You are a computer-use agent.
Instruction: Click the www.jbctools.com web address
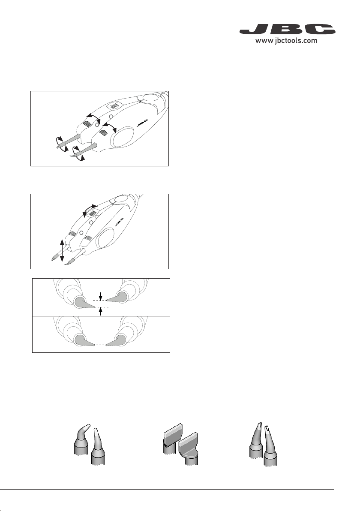click(286, 41)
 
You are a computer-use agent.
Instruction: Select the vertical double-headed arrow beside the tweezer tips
click(62, 250)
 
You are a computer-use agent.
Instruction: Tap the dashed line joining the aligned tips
click(100, 345)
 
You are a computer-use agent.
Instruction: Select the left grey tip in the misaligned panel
click(84, 302)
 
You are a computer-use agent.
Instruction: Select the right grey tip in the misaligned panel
click(116, 297)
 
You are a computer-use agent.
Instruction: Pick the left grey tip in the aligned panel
click(84, 340)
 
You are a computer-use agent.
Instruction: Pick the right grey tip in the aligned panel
click(116, 340)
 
